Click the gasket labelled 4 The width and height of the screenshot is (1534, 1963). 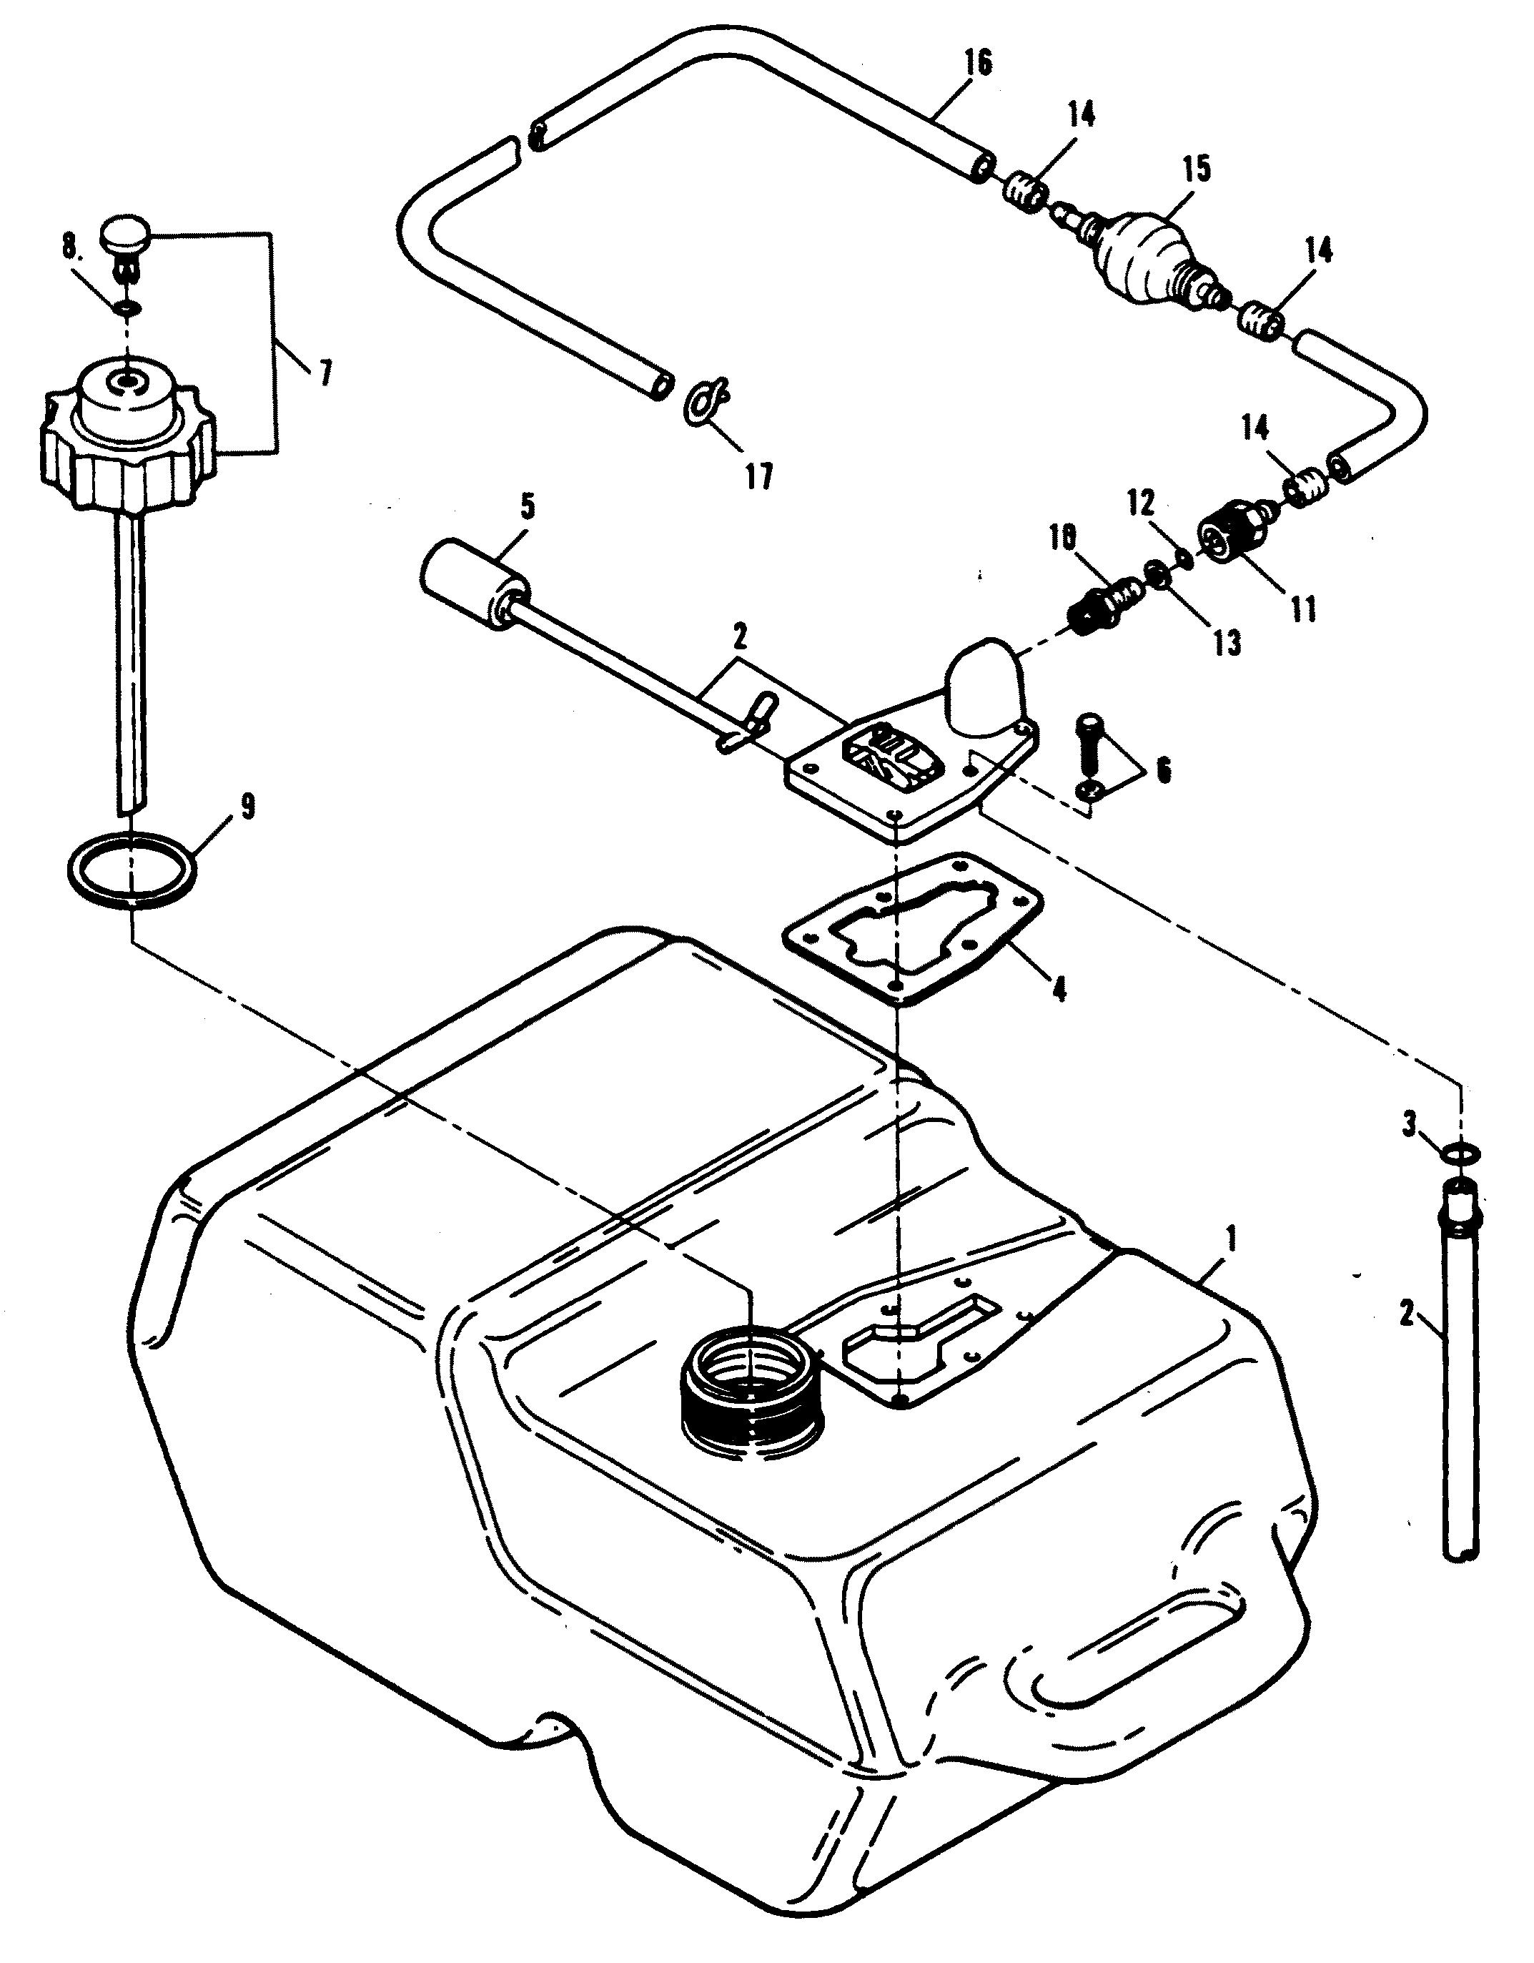coord(912,926)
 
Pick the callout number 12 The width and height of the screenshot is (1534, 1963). coord(1142,503)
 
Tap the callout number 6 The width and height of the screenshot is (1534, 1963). coord(1164,771)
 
